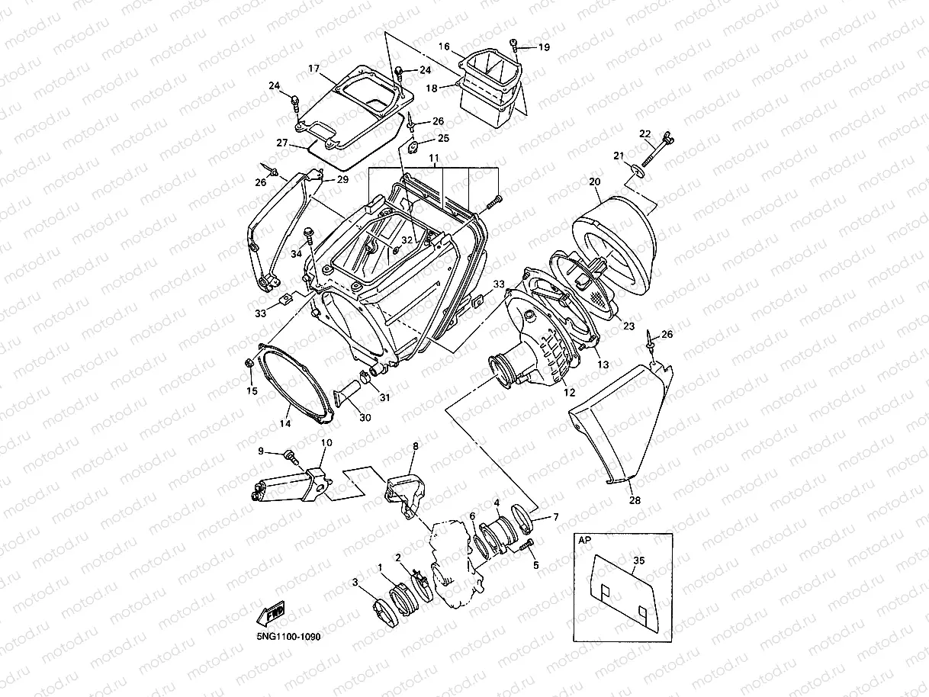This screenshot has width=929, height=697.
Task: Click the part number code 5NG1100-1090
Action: click(283, 637)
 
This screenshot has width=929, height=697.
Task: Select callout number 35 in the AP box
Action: click(638, 560)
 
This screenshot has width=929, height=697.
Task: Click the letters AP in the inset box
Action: click(585, 539)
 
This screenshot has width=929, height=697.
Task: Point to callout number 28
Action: click(635, 501)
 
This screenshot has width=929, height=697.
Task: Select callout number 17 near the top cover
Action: click(313, 69)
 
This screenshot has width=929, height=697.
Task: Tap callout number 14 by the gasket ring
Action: click(284, 423)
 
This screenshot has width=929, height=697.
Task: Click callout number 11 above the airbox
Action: click(434, 158)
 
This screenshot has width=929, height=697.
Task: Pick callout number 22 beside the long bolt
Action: click(645, 134)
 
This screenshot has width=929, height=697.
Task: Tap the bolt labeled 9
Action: click(290, 455)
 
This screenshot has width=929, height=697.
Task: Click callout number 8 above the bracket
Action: click(416, 445)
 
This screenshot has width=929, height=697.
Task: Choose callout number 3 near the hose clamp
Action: click(355, 583)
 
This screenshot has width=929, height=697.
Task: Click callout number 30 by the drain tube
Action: click(365, 417)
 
